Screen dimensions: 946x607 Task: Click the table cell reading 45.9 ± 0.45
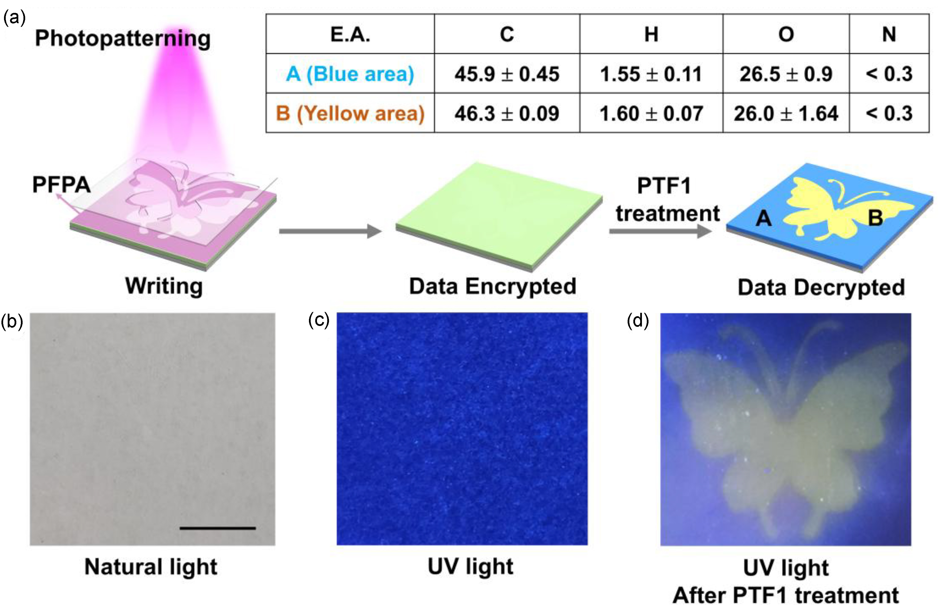507,74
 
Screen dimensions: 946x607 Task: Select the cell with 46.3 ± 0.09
507,114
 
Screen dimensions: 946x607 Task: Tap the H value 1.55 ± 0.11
651,74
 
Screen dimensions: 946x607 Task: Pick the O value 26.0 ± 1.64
786,114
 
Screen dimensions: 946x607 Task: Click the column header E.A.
350,34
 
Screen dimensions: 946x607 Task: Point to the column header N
889,34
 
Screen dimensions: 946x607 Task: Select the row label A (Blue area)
350,74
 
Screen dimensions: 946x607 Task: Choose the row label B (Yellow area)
350,114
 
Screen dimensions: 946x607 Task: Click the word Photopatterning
123,39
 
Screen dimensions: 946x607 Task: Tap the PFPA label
61,184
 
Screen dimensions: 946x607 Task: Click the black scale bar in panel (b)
218,528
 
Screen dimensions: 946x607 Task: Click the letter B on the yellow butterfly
875,218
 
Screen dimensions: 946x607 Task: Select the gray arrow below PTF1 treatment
661,231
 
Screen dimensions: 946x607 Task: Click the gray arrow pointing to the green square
330,231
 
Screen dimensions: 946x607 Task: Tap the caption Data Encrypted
493,286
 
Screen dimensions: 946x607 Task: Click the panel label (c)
319,320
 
